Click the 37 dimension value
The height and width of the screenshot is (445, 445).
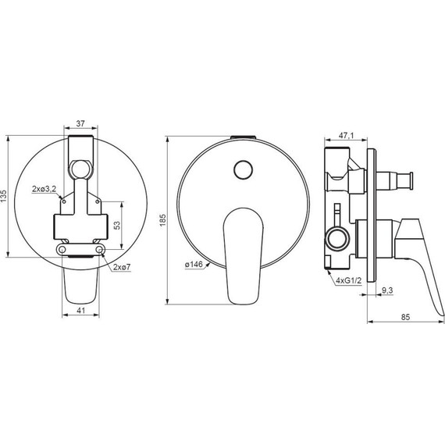pos(80,123)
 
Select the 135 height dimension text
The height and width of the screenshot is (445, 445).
pos(4,196)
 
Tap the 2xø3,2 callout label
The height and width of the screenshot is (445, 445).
pos(44,189)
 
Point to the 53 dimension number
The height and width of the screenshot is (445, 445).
pos(117,226)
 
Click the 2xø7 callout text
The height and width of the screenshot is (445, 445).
pos(122,267)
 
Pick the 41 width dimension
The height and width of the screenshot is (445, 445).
pos(81,311)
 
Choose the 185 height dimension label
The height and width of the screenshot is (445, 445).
pos(162,220)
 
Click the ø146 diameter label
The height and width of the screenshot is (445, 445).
pos(194,265)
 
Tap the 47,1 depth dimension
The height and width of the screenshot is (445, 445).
pos(346,136)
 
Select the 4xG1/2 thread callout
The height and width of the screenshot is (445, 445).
pos(348,281)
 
